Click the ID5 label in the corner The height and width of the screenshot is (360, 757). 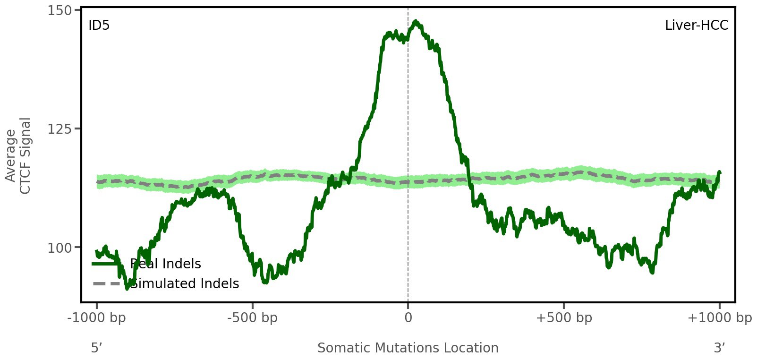[x=99, y=26]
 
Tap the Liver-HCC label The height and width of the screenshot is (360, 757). [x=696, y=26]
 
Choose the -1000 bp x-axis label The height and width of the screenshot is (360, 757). [x=97, y=318]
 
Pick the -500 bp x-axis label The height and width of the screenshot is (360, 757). [x=252, y=318]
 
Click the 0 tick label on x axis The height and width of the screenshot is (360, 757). [x=408, y=318]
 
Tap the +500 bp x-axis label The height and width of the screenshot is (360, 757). [x=564, y=318]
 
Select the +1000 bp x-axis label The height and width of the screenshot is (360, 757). [x=719, y=318]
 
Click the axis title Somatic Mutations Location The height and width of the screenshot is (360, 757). [x=408, y=348]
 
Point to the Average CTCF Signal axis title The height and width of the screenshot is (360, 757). [x=18, y=155]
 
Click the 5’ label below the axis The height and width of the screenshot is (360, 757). [x=96, y=348]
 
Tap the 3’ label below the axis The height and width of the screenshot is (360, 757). [x=719, y=348]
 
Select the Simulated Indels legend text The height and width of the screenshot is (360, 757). [x=185, y=284]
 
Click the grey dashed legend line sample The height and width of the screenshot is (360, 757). [x=107, y=284]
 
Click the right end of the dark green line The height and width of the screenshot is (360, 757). [x=719, y=172]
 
